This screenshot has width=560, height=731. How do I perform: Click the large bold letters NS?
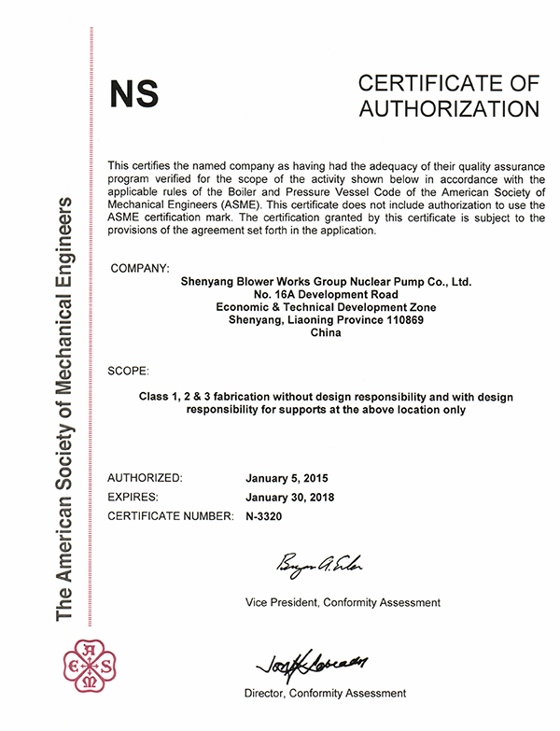click(x=134, y=94)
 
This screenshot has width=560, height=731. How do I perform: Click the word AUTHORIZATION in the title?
click(x=449, y=108)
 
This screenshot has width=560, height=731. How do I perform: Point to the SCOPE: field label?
click(x=128, y=371)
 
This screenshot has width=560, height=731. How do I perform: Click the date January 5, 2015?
click(x=287, y=478)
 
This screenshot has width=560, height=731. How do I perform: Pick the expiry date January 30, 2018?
click(x=289, y=497)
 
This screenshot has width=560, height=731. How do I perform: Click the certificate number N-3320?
click(x=263, y=515)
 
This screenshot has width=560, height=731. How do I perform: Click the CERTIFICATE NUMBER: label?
click(x=169, y=515)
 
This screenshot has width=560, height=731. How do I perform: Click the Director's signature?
click(x=312, y=664)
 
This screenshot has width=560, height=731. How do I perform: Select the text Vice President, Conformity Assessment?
click(x=343, y=602)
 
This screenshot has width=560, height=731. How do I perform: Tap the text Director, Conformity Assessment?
click(x=325, y=694)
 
